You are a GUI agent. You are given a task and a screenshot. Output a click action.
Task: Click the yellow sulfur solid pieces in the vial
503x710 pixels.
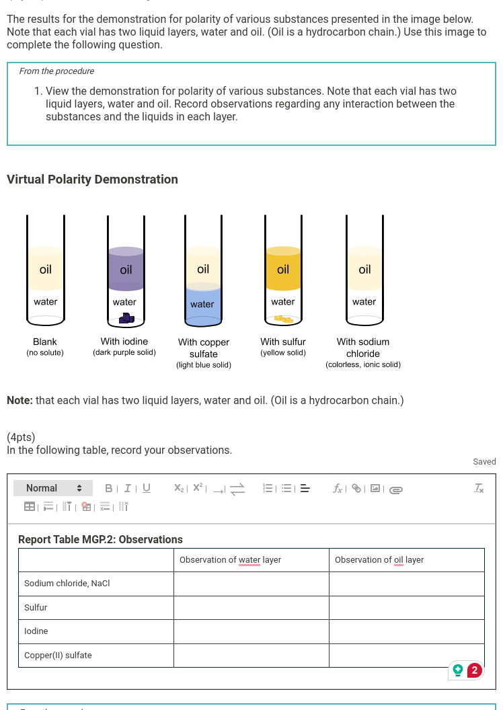pyautogui.click(x=282, y=319)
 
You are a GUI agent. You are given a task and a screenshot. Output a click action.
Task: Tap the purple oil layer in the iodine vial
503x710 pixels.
pyautogui.click(x=126, y=270)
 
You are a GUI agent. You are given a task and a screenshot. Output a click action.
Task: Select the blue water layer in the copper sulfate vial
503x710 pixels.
pyautogui.click(x=202, y=304)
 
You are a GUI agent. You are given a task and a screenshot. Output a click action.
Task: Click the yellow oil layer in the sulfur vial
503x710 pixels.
pyautogui.click(x=283, y=270)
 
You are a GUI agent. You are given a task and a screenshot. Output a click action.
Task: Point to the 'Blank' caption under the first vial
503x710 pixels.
pyautogui.click(x=45, y=342)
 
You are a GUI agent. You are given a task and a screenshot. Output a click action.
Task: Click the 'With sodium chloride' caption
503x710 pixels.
pyautogui.click(x=363, y=348)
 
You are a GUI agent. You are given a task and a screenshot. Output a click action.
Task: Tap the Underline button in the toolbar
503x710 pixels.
pyautogui.click(x=146, y=488)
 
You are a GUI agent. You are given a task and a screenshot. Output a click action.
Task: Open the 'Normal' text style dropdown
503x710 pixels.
pyautogui.click(x=53, y=488)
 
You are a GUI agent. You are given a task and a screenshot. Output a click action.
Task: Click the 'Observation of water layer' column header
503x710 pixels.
pyautogui.click(x=230, y=560)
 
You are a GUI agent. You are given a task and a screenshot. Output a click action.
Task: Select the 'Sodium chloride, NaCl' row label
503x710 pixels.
pyautogui.click(x=67, y=584)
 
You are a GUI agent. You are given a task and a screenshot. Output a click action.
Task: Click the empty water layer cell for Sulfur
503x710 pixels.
pyautogui.click(x=251, y=608)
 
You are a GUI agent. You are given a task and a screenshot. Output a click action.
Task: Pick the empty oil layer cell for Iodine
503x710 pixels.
pyautogui.click(x=406, y=631)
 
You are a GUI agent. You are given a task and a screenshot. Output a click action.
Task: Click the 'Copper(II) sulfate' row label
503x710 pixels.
pyautogui.click(x=59, y=656)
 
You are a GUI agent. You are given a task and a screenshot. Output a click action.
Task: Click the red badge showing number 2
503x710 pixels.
pyautogui.click(x=475, y=670)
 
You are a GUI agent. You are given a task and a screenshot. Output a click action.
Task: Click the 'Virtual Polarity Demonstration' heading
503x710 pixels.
pyautogui.click(x=93, y=180)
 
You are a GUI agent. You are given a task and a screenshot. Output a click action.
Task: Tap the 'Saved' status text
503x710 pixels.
pyautogui.click(x=484, y=462)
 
